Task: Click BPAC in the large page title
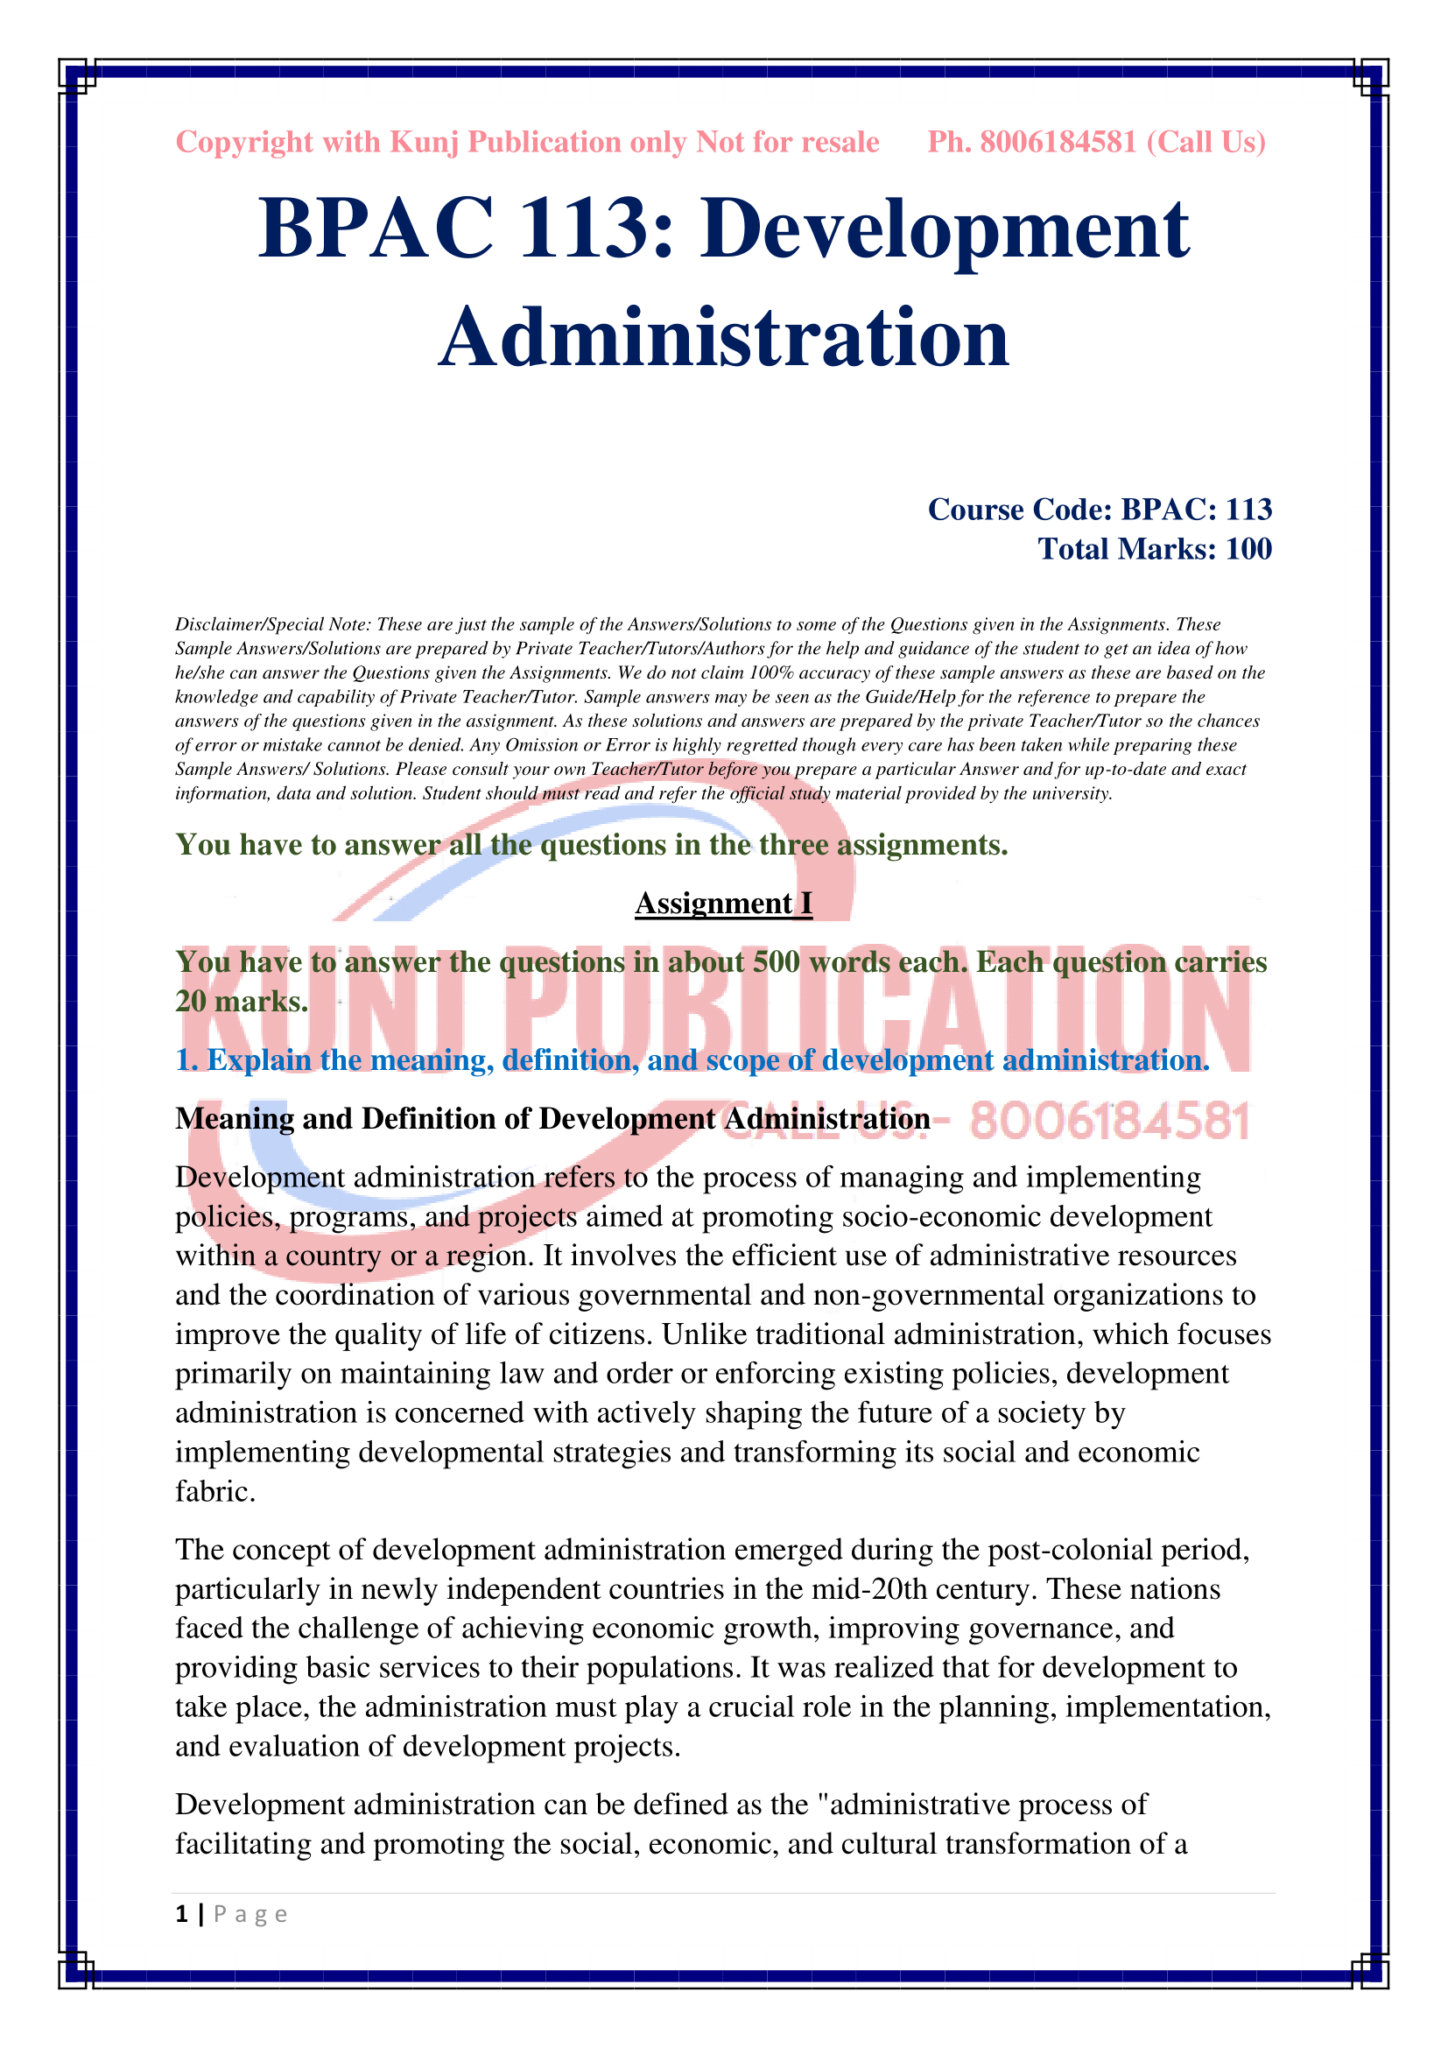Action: pyautogui.click(x=376, y=229)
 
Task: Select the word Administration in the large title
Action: pyautogui.click(x=723, y=338)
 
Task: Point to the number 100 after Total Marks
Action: pyautogui.click(x=1248, y=549)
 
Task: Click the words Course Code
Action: pyautogui.click(x=1020, y=510)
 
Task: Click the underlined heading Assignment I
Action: pyautogui.click(x=723, y=904)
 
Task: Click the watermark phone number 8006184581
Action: pyautogui.click(x=1110, y=1122)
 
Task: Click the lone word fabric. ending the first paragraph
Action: pyautogui.click(x=214, y=1491)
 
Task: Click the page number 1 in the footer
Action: pyautogui.click(x=182, y=1914)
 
